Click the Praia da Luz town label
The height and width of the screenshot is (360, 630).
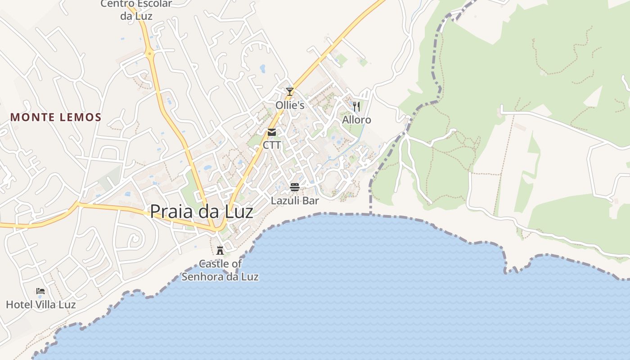click(x=202, y=211)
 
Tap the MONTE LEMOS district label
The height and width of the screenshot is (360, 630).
click(x=56, y=117)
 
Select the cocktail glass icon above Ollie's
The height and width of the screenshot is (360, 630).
click(x=290, y=92)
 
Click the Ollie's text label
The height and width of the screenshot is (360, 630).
click(x=290, y=105)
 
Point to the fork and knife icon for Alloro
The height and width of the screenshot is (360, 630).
click(x=356, y=107)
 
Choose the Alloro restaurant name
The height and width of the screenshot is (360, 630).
click(x=356, y=120)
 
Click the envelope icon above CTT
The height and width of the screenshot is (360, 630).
click(x=272, y=132)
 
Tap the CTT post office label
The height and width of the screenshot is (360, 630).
click(x=272, y=145)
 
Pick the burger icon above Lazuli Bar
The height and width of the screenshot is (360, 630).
click(x=295, y=187)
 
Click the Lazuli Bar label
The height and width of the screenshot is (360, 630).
click(x=295, y=201)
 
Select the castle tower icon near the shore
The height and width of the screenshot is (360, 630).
click(x=220, y=250)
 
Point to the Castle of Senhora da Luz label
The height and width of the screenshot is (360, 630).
click(x=220, y=270)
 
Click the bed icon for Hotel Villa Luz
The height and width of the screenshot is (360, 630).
click(x=40, y=291)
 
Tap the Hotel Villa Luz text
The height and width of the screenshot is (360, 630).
click(x=40, y=305)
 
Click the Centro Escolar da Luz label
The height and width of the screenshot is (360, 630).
click(x=136, y=10)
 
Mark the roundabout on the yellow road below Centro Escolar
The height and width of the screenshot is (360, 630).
click(x=150, y=54)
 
